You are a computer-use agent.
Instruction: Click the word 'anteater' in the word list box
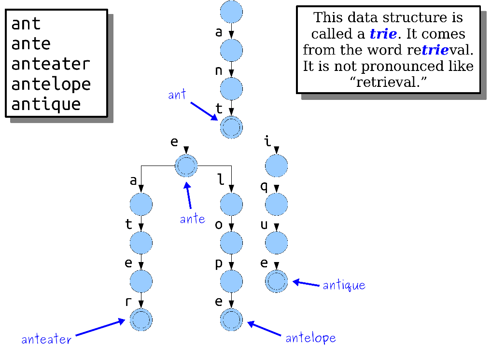51,64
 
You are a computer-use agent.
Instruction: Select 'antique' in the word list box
46,104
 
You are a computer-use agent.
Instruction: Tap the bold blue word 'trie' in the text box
383,34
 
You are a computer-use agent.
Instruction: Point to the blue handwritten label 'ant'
177,95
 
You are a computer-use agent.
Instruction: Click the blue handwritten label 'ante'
193,219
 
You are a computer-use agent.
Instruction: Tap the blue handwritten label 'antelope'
310,338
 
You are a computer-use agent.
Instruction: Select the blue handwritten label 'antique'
344,285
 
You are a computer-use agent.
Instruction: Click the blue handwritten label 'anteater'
46,339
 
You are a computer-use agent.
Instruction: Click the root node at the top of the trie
231,12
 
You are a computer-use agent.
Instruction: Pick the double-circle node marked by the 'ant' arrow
231,127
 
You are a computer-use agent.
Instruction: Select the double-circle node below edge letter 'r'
141,319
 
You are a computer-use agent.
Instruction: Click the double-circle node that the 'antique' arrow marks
277,281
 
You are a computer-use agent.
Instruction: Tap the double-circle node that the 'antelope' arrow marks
231,319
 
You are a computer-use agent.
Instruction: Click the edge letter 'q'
264,187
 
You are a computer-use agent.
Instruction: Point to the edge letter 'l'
221,180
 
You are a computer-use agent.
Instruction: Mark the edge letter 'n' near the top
219,71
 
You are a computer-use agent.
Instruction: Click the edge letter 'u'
264,225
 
